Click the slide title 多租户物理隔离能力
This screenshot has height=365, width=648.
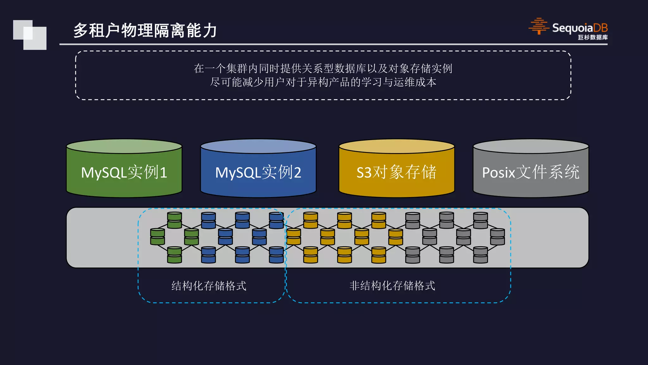tap(145, 31)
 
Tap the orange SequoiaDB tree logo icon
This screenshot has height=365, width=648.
tap(539, 26)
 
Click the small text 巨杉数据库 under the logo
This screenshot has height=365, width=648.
tap(593, 37)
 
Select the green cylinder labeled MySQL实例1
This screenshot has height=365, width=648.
tap(124, 173)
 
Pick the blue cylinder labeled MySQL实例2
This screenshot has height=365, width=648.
tap(258, 173)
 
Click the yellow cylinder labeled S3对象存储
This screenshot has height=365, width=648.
tap(396, 173)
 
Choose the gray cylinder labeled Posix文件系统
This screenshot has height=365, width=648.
tap(531, 173)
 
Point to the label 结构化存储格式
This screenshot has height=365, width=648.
tap(209, 286)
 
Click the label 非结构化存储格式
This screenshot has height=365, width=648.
tap(392, 286)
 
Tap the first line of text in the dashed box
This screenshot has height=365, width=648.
tap(323, 68)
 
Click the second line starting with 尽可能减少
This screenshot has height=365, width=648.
tap(323, 82)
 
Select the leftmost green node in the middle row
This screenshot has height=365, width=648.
tap(158, 237)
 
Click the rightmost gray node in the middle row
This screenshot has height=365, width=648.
tap(497, 237)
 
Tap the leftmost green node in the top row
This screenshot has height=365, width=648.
tap(174, 220)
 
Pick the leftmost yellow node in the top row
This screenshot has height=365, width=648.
tap(310, 220)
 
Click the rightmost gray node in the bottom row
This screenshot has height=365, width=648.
tap(480, 255)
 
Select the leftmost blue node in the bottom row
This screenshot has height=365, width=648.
tap(209, 255)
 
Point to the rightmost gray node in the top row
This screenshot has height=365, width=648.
tap(480, 220)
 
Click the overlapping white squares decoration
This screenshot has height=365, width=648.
tap(30, 35)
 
